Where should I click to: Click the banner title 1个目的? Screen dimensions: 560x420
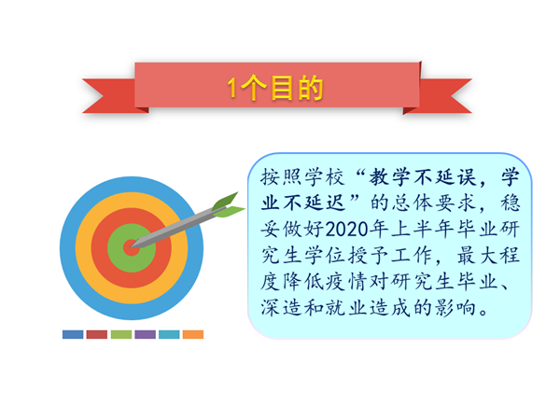click(275, 88)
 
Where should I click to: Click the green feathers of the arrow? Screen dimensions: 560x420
click(227, 206)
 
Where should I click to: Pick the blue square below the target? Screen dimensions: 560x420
click(73, 334)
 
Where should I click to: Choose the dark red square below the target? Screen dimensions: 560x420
click(97, 334)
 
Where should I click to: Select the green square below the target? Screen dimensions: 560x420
click(121, 334)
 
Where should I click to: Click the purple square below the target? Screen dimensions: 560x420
click(145, 334)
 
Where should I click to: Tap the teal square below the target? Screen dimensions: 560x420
click(169, 334)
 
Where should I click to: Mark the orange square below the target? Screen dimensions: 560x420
click(193, 334)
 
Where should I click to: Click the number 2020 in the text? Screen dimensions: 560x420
click(346, 230)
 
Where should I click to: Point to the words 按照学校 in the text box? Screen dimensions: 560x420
click(302, 177)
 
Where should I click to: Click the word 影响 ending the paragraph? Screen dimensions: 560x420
click(455, 307)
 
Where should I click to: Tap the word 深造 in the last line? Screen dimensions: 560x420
click(281, 307)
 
